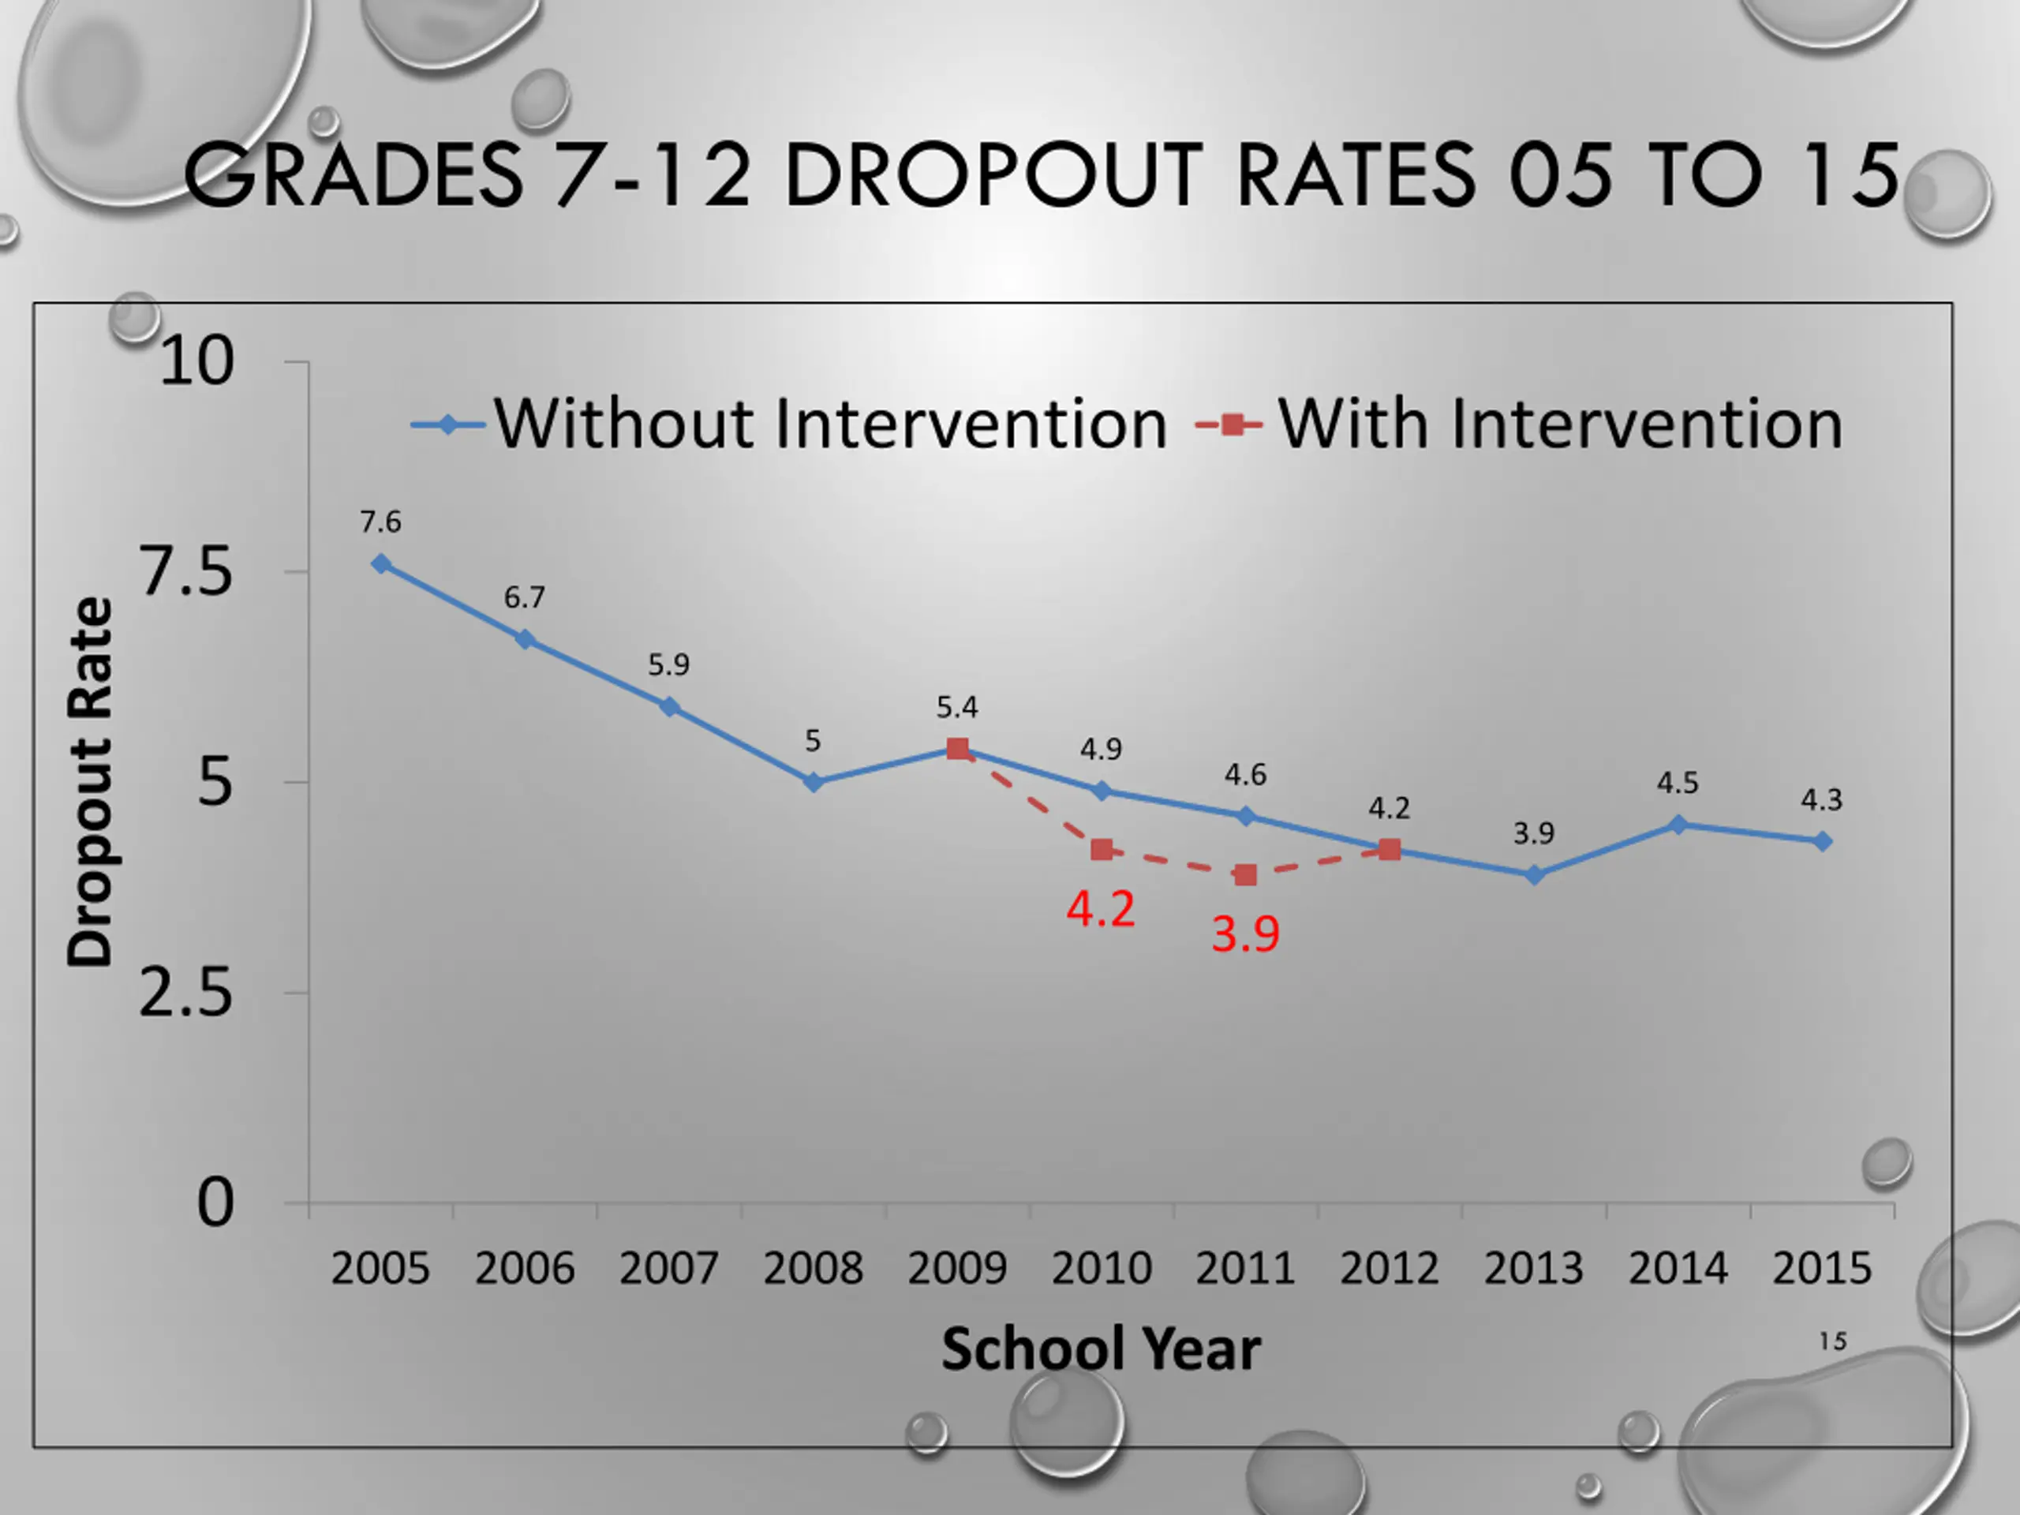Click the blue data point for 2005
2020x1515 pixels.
(381, 564)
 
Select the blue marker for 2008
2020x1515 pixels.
(814, 782)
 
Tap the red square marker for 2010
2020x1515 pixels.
(1102, 849)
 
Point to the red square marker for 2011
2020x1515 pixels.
(1244, 875)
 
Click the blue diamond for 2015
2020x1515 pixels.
(1822, 841)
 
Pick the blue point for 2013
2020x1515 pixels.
(1534, 875)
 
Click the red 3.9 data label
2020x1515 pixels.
(1244, 933)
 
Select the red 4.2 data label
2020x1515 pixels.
(1101, 909)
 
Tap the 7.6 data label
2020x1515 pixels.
(380, 522)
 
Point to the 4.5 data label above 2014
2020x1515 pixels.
(1678, 783)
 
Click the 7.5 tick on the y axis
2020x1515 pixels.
(186, 573)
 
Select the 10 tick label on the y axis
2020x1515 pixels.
(196, 361)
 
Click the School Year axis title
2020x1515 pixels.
(1101, 1349)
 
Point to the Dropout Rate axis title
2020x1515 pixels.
(89, 782)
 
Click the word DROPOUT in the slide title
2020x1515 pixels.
(993, 174)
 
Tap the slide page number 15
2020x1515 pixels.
(1832, 1341)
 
